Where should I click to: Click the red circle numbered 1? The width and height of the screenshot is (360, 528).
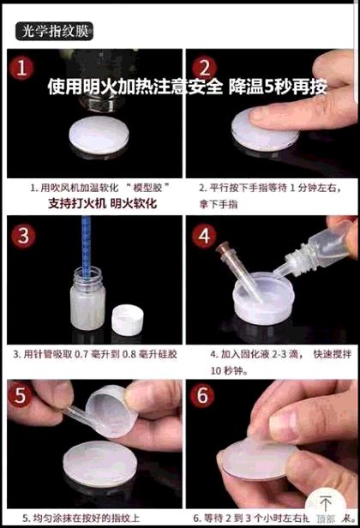[22, 68]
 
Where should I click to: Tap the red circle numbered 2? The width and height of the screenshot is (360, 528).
[204, 69]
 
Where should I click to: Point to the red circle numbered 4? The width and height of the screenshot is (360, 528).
[204, 235]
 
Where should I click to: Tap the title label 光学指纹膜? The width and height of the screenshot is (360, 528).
[54, 32]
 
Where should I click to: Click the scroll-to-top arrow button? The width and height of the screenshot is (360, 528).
[326, 505]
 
